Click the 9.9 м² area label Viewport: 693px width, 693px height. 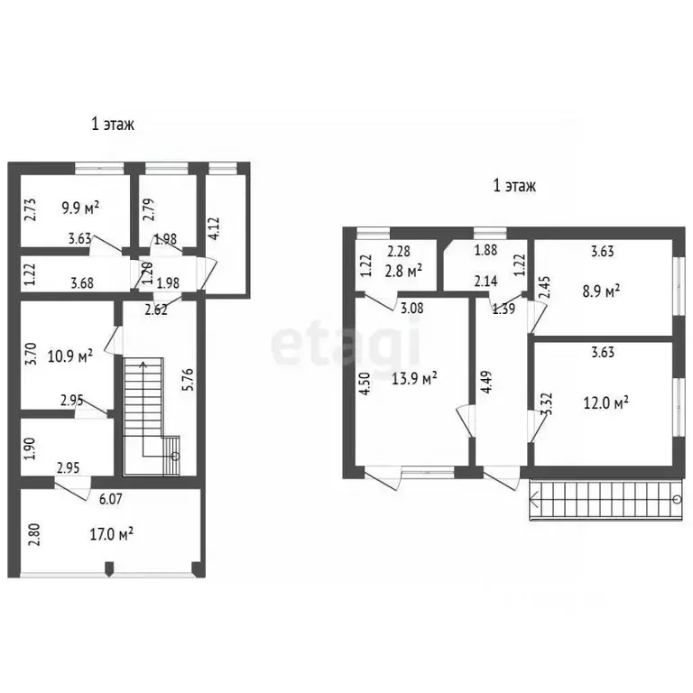[x=80, y=208]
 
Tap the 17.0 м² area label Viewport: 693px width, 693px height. [x=112, y=534]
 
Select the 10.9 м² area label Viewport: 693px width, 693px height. [x=70, y=356]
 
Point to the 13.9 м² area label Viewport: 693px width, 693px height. [x=414, y=378]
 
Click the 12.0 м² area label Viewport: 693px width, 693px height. [x=606, y=402]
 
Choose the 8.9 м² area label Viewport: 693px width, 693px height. [x=601, y=291]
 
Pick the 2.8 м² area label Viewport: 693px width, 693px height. [x=403, y=271]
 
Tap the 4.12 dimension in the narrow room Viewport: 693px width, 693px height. [x=215, y=228]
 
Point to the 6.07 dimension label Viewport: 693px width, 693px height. [x=110, y=499]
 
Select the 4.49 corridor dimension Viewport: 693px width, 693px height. [x=485, y=382]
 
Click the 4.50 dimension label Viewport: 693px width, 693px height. [x=365, y=383]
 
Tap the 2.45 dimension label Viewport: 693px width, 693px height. [x=545, y=288]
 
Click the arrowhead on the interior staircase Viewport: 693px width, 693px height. [x=143, y=365]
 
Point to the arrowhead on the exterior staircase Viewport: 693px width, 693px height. [x=533, y=500]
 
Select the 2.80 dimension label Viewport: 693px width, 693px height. [x=35, y=534]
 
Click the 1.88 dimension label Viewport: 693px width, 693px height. [x=485, y=250]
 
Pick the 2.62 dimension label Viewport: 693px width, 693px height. [x=156, y=310]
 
